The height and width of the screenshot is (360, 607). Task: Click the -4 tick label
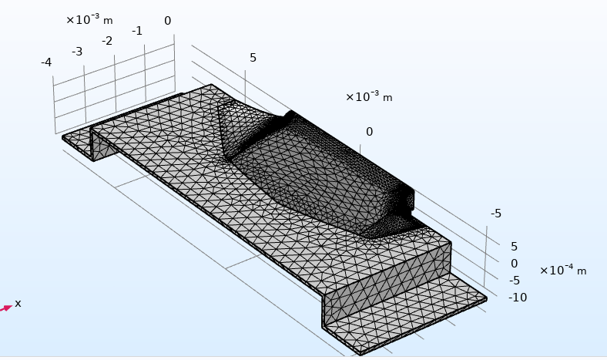46,62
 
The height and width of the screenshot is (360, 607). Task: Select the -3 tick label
77,52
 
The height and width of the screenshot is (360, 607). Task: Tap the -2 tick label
107,41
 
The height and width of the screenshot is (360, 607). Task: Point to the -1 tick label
137,31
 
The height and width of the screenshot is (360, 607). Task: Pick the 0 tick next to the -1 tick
168,21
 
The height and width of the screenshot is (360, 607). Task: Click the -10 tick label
518,298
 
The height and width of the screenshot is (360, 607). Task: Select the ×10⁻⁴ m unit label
563,270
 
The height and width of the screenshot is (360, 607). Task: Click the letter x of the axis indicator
18,304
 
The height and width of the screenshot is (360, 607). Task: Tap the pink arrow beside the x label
6,308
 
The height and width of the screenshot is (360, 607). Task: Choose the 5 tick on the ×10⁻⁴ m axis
514,247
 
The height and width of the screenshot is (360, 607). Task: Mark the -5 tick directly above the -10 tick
514,280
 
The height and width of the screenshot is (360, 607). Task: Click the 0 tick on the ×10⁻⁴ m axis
514,264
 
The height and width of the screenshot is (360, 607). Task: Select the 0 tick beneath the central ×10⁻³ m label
369,132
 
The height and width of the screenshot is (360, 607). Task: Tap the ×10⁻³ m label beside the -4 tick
89,19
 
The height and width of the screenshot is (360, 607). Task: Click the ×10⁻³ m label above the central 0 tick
369,96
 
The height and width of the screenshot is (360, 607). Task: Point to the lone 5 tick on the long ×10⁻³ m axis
253,58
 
